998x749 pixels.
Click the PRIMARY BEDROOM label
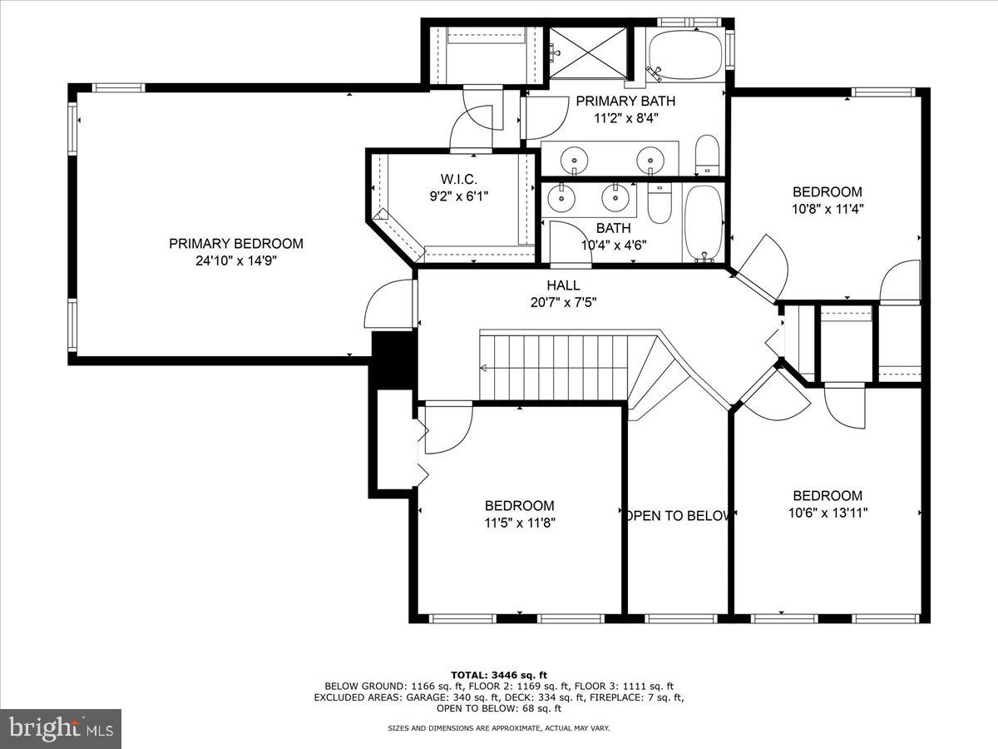(x=235, y=244)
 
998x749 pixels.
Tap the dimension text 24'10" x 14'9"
(x=235, y=260)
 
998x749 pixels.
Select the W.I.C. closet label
(x=458, y=179)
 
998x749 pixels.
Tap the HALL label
(x=563, y=285)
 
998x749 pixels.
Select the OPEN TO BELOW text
(x=678, y=516)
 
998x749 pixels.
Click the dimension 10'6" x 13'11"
(x=828, y=513)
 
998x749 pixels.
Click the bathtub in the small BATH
(x=704, y=222)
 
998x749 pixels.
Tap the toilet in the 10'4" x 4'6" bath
(x=659, y=205)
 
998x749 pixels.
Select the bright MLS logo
(x=60, y=728)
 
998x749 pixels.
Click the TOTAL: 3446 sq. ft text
(x=499, y=674)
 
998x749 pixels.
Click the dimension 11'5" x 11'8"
(x=520, y=523)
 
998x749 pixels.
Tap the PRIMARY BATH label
(x=625, y=102)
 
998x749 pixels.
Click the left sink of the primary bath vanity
(x=574, y=158)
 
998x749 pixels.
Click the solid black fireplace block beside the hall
(x=393, y=359)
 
